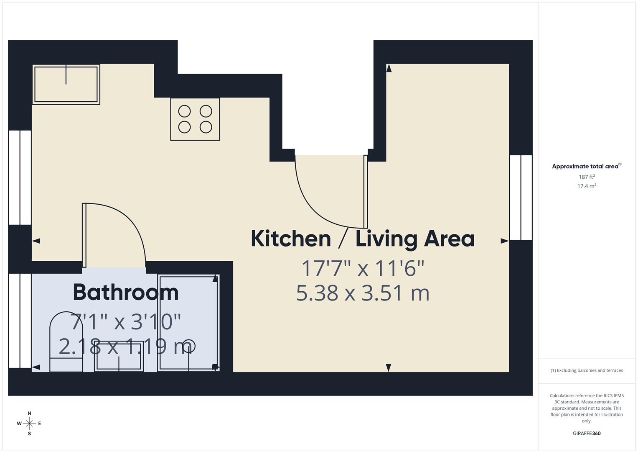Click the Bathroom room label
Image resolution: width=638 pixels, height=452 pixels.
click(x=126, y=292)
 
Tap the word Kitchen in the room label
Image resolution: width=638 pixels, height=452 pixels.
click(x=291, y=239)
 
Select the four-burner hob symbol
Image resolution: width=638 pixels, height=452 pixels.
click(x=195, y=119)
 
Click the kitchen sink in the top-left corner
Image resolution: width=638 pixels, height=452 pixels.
click(x=66, y=84)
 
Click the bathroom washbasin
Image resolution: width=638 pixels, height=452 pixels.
click(x=119, y=356)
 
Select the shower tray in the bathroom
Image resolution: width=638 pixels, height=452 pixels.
click(x=188, y=322)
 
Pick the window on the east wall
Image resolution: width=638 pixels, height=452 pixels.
click(x=521, y=198)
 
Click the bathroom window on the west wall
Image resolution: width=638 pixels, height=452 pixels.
click(x=20, y=321)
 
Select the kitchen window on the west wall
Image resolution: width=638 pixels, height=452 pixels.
click(x=20, y=177)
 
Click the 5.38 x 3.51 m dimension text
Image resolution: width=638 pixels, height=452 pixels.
click(x=363, y=293)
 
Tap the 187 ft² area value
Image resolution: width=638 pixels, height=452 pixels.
click(x=587, y=177)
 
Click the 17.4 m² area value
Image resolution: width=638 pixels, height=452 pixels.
click(x=587, y=186)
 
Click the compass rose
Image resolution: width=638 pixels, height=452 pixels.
click(x=29, y=424)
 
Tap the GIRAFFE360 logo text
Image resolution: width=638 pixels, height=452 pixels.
click(x=587, y=434)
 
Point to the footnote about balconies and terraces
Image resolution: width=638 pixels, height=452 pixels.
click(x=587, y=370)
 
